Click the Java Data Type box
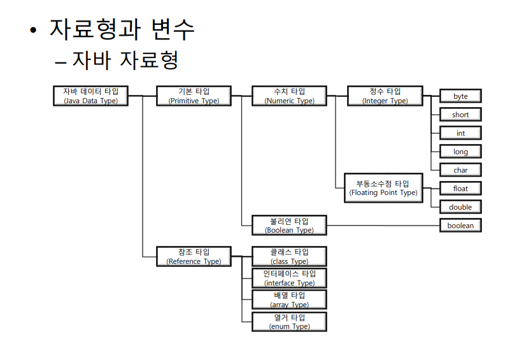91,96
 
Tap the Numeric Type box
289,96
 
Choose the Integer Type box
385,96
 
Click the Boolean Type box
289,225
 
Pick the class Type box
289,256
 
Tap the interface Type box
289,278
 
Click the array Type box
289,299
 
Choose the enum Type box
289,321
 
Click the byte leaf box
460,96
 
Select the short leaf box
460,115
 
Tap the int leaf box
460,133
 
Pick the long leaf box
460,152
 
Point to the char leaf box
460,170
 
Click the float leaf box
460,189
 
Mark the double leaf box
460,207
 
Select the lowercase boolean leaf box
460,226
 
